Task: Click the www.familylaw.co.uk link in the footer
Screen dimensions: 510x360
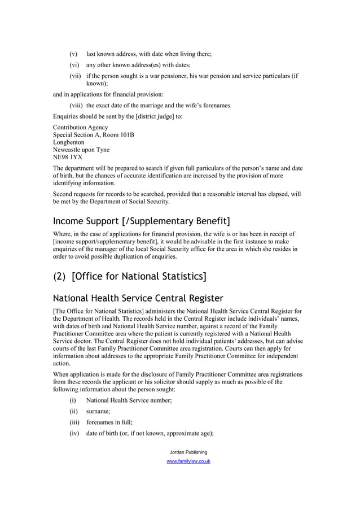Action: pyautogui.click(x=188, y=461)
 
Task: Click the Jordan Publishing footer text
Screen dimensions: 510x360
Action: pyautogui.click(x=188, y=452)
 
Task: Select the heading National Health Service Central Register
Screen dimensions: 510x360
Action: pyautogui.click(x=138, y=298)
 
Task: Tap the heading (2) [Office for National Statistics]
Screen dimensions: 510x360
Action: pyautogui.click(x=129, y=276)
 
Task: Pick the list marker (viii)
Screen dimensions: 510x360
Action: pyautogui.click(x=77, y=105)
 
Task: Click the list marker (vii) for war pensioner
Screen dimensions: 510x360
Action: pyautogui.click(x=76, y=76)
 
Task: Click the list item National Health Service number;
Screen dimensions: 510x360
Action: pyautogui.click(x=129, y=400)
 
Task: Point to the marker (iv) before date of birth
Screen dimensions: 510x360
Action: pyautogui.click(x=74, y=434)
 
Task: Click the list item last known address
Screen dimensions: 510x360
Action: pyautogui.click(x=148, y=54)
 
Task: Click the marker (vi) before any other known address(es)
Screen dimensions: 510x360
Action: pyautogui.click(x=74, y=65)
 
